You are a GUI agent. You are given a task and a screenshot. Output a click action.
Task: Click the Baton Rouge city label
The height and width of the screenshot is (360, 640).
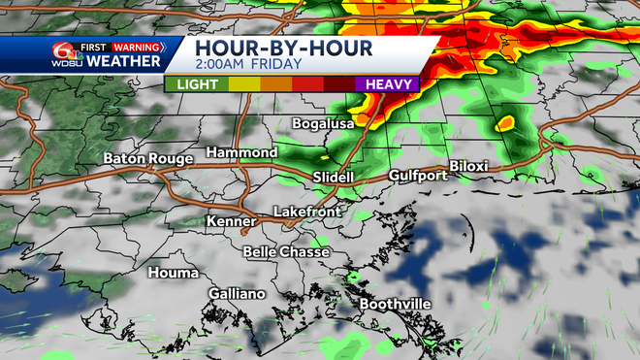pyautogui.click(x=144, y=158)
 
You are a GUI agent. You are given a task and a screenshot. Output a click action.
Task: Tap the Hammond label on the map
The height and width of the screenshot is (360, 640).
pyautogui.click(x=240, y=152)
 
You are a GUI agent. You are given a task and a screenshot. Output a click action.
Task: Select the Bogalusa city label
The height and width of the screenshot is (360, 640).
pyautogui.click(x=324, y=123)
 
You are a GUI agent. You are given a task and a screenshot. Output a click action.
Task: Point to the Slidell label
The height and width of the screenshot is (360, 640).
pyautogui.click(x=334, y=178)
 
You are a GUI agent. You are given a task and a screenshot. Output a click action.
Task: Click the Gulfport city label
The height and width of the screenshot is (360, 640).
pyautogui.click(x=418, y=176)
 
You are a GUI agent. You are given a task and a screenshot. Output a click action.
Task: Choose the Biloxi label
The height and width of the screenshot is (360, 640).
pyautogui.click(x=468, y=166)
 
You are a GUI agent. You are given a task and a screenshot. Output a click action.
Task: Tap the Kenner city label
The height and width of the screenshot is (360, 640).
pyautogui.click(x=230, y=221)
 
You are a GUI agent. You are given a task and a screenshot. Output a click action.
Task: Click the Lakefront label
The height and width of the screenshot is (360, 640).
pyautogui.click(x=304, y=211)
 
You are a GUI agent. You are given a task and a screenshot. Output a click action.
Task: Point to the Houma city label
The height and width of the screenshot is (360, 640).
pyautogui.click(x=173, y=273)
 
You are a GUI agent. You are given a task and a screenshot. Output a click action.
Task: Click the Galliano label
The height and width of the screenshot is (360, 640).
pyautogui.click(x=237, y=294)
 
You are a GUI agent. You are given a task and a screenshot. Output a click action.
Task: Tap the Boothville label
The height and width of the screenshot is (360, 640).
pyautogui.click(x=395, y=304)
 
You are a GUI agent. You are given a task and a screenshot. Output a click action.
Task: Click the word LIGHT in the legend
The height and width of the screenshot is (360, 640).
pyautogui.click(x=197, y=84)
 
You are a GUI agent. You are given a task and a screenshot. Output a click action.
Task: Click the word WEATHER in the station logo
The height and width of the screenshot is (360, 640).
pyautogui.click(x=123, y=61)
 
